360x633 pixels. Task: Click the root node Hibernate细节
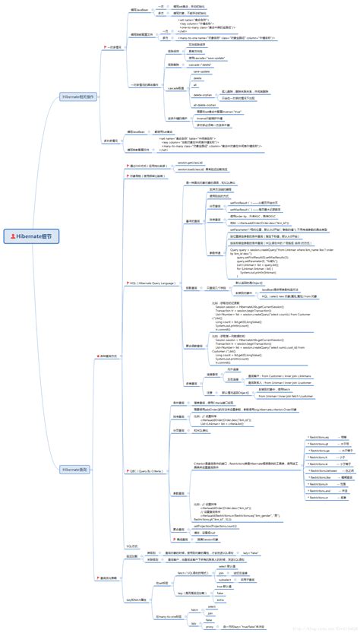click(34, 236)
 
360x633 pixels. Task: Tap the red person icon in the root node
click(14, 236)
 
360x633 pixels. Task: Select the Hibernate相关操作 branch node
click(78, 98)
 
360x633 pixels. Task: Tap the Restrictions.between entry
click(293, 470)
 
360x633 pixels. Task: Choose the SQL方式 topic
click(131, 546)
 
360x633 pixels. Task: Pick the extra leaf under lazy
click(221, 599)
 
